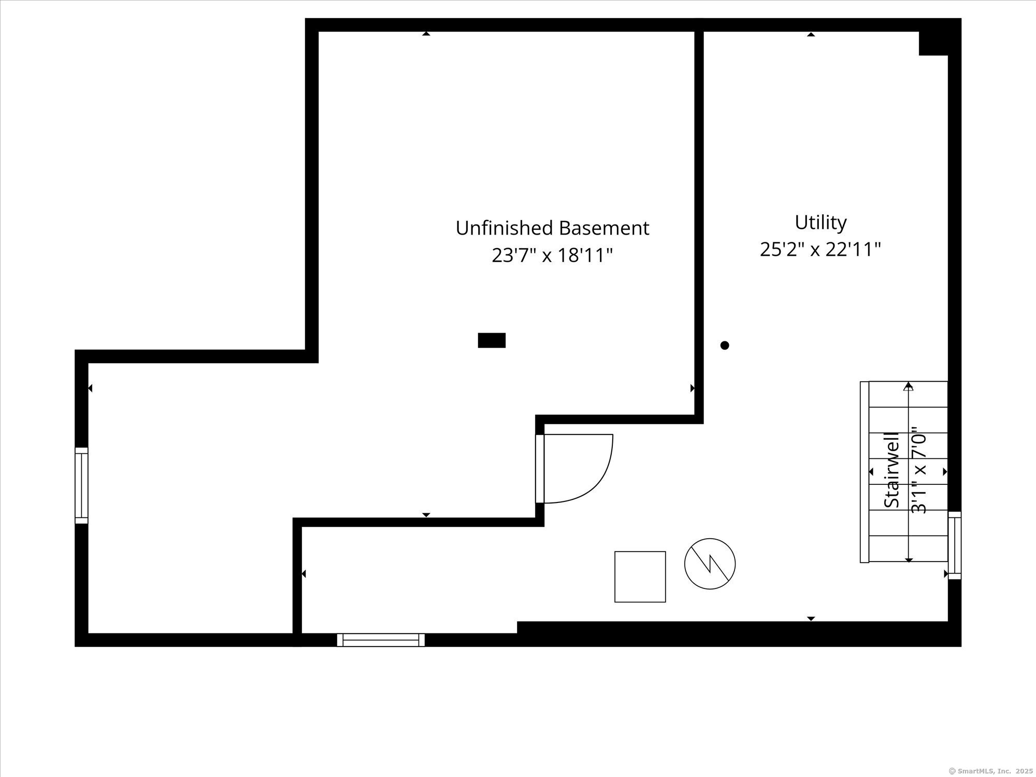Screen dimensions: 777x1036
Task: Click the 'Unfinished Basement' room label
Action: [552, 228]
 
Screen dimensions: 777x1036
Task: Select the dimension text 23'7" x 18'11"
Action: [552, 255]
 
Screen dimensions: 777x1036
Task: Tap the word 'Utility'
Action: [821, 222]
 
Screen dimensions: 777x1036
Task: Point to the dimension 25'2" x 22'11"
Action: [821, 250]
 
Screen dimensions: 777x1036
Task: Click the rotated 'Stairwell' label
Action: [891, 470]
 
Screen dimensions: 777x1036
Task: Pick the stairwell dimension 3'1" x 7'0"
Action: [918, 470]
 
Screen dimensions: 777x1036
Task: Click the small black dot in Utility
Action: [725, 345]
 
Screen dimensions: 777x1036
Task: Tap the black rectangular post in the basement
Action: [491, 340]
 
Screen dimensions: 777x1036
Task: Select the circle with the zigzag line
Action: [710, 564]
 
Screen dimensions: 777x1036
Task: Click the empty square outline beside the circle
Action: [640, 577]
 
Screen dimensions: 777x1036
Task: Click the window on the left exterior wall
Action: [81, 485]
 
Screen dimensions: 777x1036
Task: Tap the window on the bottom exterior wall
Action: [381, 640]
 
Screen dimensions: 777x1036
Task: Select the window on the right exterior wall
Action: [955, 545]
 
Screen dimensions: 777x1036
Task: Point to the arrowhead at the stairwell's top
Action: [909, 386]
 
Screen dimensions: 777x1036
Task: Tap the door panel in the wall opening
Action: [540, 469]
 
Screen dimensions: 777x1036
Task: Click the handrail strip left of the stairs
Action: [864, 472]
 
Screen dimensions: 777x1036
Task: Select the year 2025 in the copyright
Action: [1020, 771]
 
